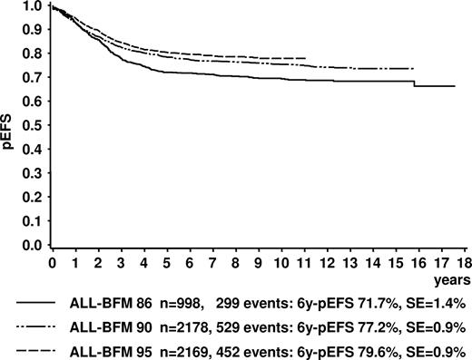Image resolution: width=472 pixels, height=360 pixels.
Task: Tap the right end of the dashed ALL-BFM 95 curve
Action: (306, 58)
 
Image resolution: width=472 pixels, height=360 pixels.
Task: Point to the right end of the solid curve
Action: (454, 86)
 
